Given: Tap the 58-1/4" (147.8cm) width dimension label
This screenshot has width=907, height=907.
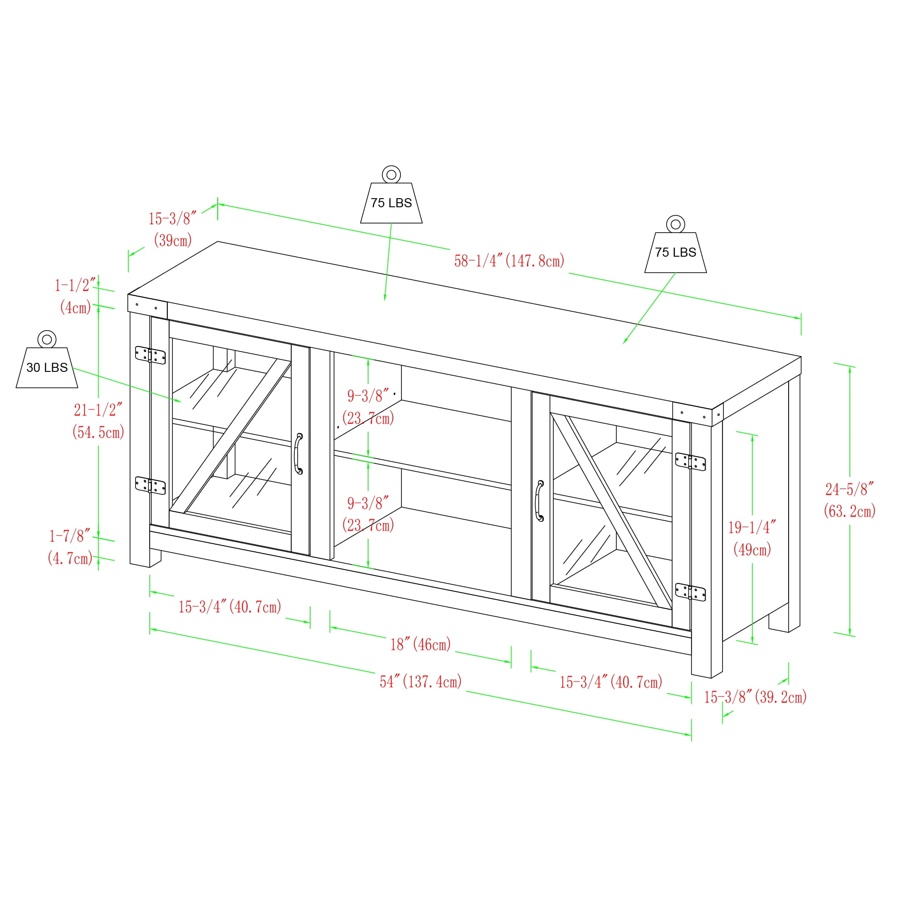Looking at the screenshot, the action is pyautogui.click(x=509, y=261).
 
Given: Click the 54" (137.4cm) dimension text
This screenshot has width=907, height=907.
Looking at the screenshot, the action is pyautogui.click(x=421, y=681).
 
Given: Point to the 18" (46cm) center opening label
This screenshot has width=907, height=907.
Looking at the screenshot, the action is pyautogui.click(x=421, y=644).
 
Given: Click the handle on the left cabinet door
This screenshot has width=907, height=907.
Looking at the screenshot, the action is pyautogui.click(x=298, y=453).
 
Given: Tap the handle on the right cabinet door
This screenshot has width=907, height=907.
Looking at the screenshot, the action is pyautogui.click(x=539, y=501).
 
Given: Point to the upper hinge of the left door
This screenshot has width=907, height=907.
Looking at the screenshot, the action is pyautogui.click(x=150, y=355).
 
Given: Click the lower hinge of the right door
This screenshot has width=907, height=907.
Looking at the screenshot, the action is pyautogui.click(x=690, y=592).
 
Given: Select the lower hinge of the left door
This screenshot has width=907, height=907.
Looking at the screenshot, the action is pyautogui.click(x=150, y=485).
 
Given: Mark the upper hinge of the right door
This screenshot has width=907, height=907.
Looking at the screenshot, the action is pyautogui.click(x=690, y=462).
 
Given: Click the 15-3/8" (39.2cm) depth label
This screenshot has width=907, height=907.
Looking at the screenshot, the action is pyautogui.click(x=755, y=697).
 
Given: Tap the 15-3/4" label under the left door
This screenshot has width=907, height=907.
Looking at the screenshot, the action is pyautogui.click(x=229, y=606).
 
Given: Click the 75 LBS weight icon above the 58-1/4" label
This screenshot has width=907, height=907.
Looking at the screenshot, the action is pyautogui.click(x=391, y=195).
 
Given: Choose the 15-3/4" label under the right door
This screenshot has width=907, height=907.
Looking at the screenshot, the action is pyautogui.click(x=611, y=682).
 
